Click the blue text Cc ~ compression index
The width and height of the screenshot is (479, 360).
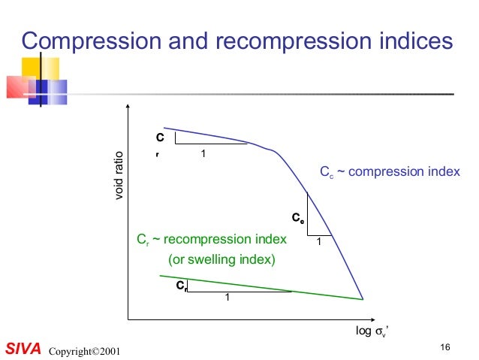(x=389, y=172)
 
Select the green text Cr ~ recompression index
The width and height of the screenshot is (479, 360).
(x=211, y=240)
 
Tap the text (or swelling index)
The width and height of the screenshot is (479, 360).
(x=221, y=260)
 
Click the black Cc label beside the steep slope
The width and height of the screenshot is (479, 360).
(x=298, y=219)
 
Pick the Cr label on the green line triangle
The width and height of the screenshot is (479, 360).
(x=182, y=286)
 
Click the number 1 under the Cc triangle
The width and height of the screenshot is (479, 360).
(x=319, y=241)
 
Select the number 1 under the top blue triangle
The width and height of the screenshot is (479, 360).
(x=203, y=153)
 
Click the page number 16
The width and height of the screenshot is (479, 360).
(x=445, y=346)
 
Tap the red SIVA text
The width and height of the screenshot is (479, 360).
(x=22, y=349)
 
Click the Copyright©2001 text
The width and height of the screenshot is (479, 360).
(x=83, y=351)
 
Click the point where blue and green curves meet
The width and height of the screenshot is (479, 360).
(x=364, y=299)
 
